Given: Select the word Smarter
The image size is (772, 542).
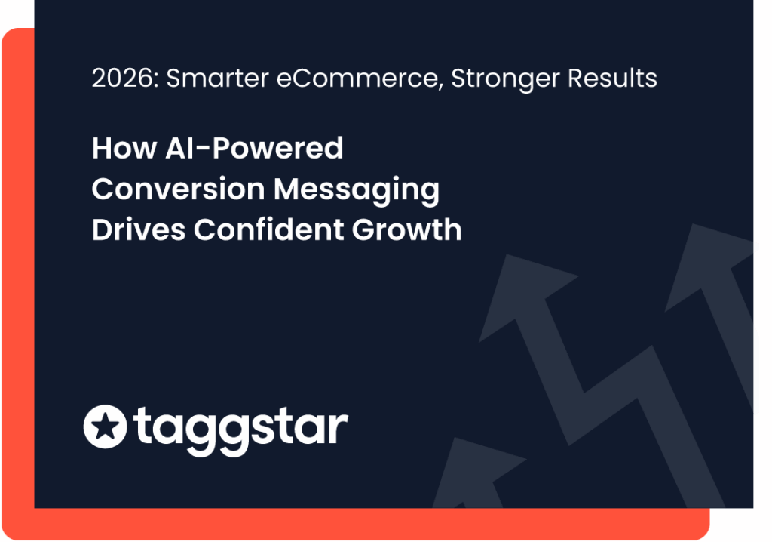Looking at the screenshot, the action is (218, 78).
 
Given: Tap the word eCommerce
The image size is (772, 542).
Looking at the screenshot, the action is (357, 78).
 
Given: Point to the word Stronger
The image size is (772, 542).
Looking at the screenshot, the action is (506, 79).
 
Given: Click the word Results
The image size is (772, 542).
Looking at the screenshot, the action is (612, 78).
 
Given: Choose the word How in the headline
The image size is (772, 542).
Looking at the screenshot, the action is (124, 148).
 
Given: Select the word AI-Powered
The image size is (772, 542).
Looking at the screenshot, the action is (254, 148).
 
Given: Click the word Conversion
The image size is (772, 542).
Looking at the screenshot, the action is (178, 189).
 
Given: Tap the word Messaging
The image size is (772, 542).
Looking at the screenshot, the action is (357, 190).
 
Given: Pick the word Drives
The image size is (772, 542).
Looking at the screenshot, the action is (139, 229).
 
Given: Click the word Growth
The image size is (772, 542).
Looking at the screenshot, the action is (406, 229).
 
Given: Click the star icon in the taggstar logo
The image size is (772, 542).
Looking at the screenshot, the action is (105, 427).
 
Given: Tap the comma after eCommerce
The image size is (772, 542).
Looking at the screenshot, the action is (440, 87).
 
